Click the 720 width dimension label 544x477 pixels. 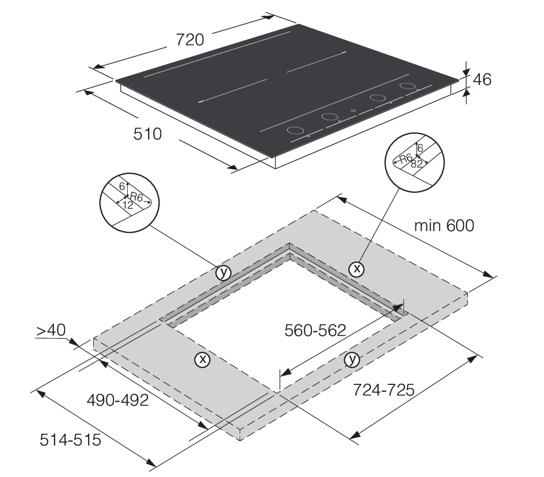(190, 40)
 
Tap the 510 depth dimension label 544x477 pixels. (148, 134)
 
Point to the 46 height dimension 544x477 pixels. (482, 79)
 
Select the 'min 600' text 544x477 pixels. (444, 226)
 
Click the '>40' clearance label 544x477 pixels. (51, 330)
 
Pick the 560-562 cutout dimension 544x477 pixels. (315, 330)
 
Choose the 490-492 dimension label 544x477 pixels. (118, 400)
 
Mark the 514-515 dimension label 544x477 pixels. (70, 439)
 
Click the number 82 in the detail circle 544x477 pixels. (416, 163)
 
